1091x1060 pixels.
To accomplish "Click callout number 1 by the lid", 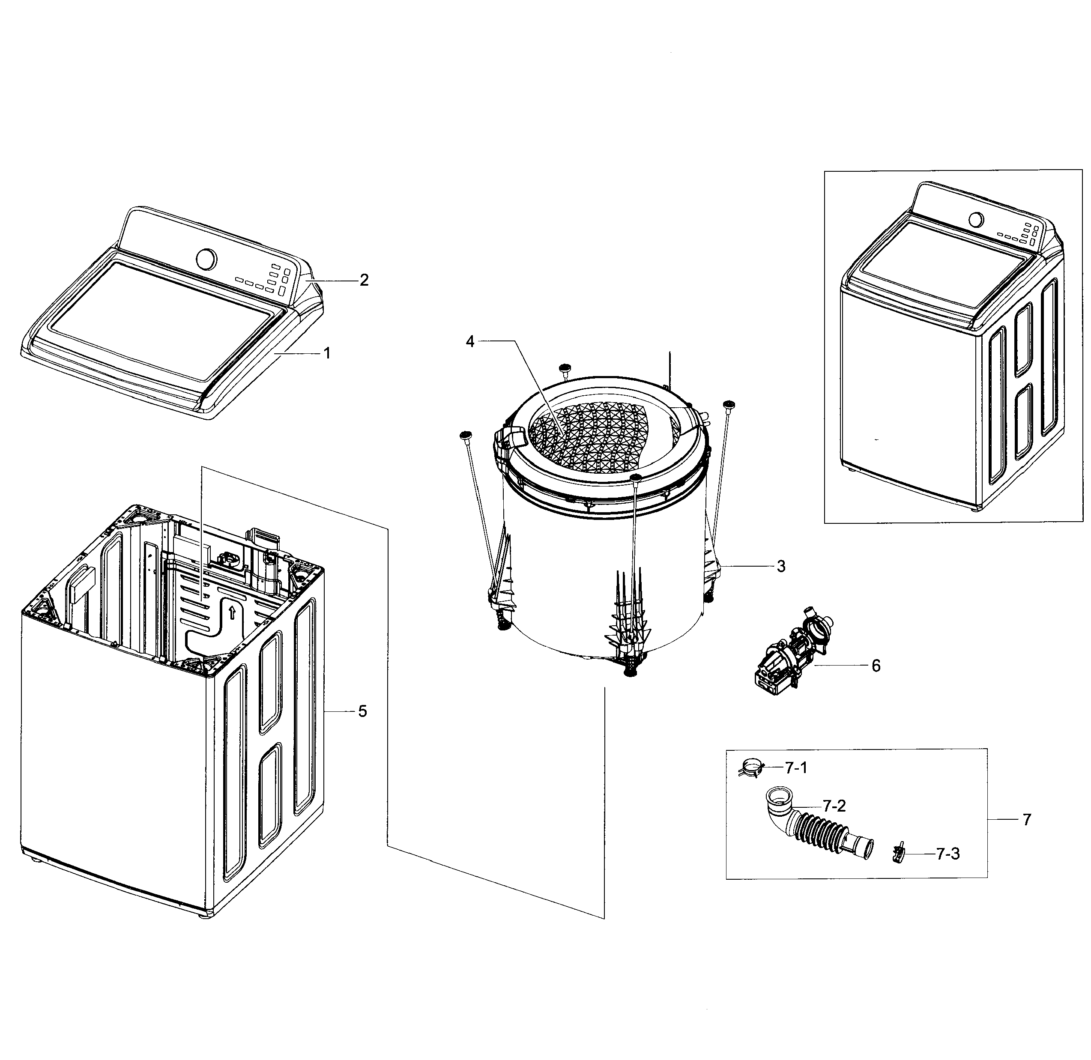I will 327,353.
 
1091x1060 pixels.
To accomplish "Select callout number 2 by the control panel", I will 364,280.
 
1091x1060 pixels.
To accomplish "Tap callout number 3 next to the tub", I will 781,566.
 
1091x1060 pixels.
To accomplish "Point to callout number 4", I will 470,342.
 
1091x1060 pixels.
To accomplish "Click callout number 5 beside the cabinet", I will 362,711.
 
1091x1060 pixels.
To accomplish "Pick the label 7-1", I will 796,768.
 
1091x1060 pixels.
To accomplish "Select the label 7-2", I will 834,806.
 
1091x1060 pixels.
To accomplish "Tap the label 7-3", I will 948,854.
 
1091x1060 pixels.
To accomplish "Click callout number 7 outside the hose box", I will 1026,819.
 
